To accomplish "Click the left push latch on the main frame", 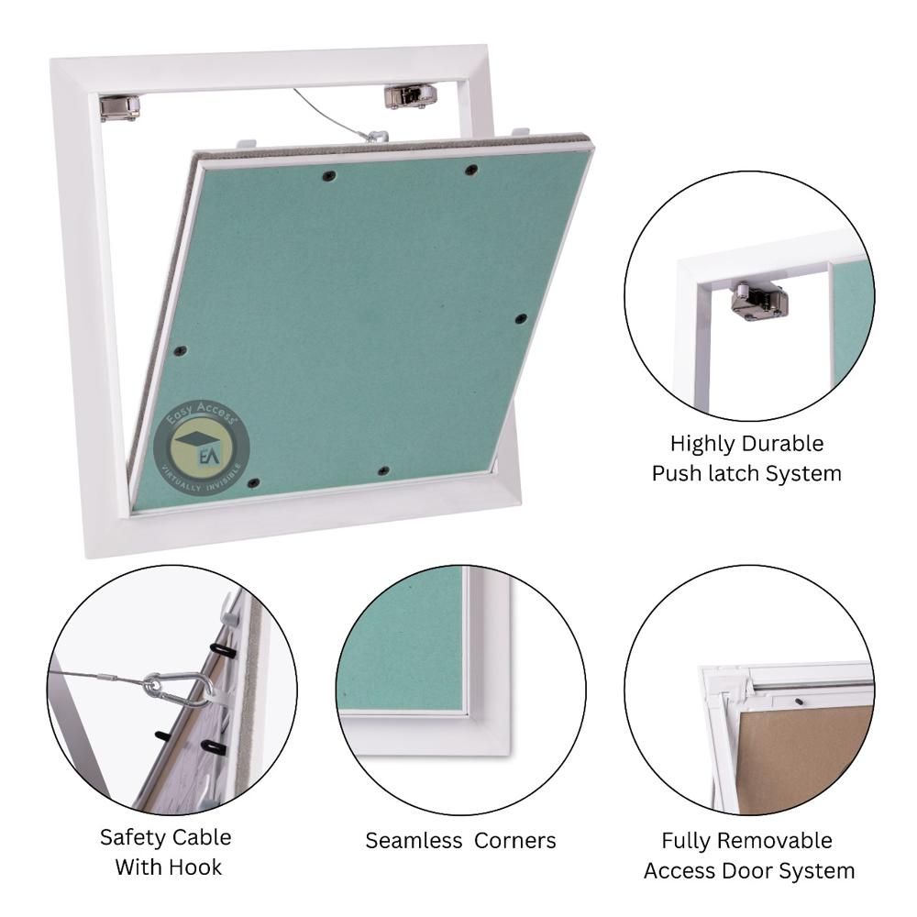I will pyautogui.click(x=119, y=106).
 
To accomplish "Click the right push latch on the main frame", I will pyautogui.click(x=409, y=96).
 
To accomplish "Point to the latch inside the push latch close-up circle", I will pyautogui.click(x=758, y=300).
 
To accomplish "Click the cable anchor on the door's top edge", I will pyautogui.click(x=376, y=137).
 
